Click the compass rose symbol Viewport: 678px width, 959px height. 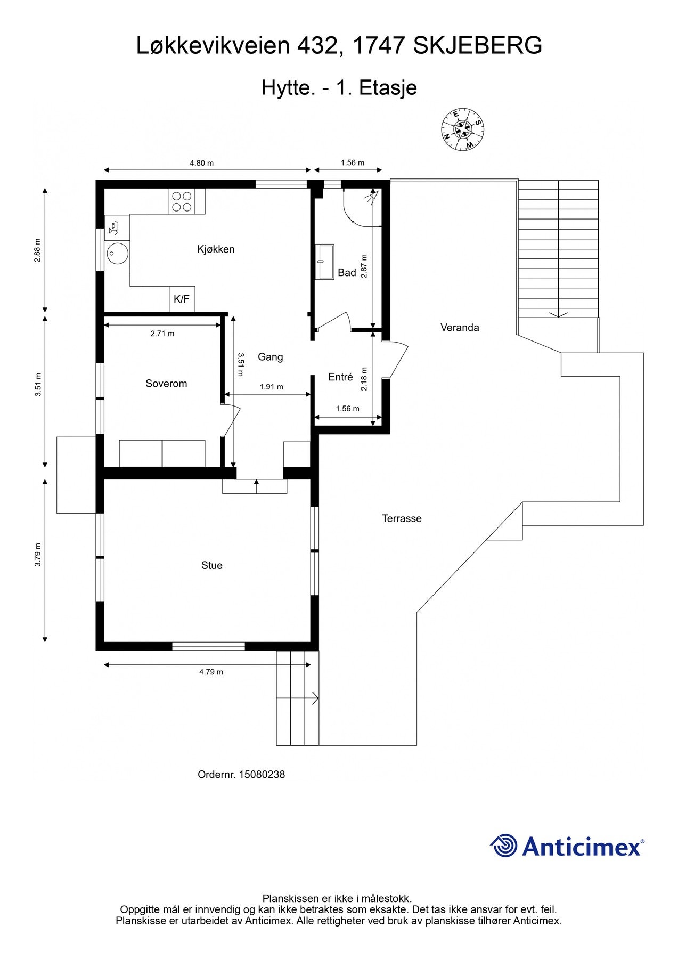(463, 129)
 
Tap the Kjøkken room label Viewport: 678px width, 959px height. (216, 249)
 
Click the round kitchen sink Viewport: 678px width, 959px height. (116, 254)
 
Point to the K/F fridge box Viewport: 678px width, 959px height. (182, 299)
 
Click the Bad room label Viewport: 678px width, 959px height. (347, 273)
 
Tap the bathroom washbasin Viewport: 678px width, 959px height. (324, 262)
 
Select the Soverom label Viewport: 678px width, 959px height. (166, 384)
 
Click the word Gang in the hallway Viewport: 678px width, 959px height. (270, 357)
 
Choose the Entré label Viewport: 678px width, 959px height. (340, 377)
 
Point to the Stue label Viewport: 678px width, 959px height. (212, 565)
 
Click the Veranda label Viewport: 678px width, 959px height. (460, 328)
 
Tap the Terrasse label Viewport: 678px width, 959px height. (402, 518)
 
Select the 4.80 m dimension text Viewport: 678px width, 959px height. (201, 163)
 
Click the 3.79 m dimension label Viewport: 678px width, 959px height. (38, 555)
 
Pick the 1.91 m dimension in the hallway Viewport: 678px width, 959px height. (272, 387)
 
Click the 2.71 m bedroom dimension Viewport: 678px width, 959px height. (162, 334)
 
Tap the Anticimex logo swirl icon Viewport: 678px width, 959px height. (504, 846)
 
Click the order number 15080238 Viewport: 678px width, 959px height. (262, 775)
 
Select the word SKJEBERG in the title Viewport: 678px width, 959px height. (478, 46)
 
